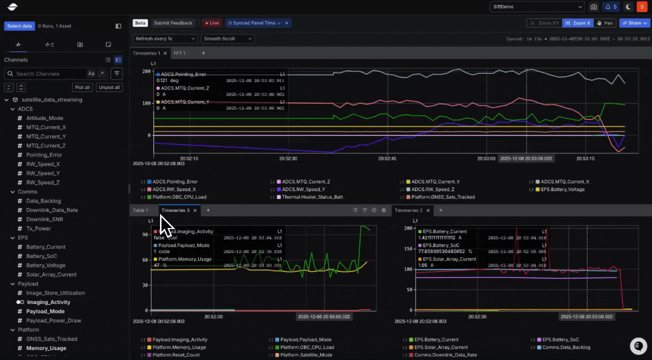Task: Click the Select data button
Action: pos(19,26)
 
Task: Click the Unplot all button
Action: pos(109,87)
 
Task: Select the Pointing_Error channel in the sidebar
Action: pos(44,155)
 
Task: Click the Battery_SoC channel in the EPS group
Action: pos(41,256)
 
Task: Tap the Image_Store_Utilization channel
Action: pos(55,293)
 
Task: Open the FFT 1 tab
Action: pos(179,53)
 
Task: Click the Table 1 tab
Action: pos(140,210)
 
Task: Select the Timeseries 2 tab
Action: pos(408,210)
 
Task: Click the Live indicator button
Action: pos(212,23)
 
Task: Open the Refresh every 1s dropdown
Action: pos(165,38)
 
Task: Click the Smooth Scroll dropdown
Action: pos(227,38)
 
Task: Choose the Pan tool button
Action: pos(605,23)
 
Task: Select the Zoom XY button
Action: pos(544,23)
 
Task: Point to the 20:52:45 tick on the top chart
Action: pos(387,158)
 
